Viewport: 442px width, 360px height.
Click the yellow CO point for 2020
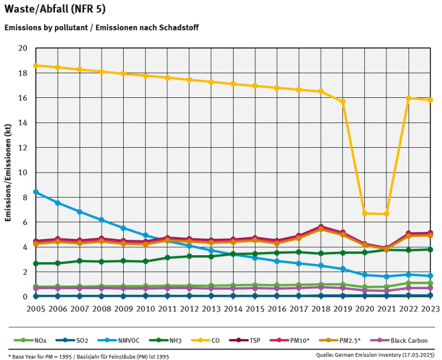click(365, 213)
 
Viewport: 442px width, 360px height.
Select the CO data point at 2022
click(409, 99)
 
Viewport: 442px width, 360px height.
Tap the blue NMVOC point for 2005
click(35, 192)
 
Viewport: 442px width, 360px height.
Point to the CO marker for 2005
click(35, 66)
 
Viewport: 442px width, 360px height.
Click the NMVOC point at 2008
click(101, 220)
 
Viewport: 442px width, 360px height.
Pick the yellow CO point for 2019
click(343, 102)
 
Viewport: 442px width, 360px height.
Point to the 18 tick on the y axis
click(23, 73)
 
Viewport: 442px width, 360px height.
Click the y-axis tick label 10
click(23, 172)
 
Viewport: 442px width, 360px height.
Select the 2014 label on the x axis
click(233, 309)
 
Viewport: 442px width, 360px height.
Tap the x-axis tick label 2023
click(430, 309)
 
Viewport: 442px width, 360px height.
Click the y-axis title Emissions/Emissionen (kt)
click(8, 172)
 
